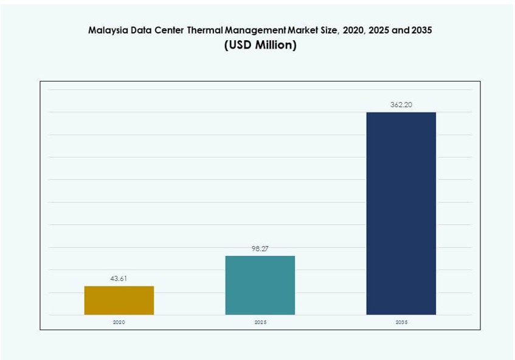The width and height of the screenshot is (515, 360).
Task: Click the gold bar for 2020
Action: pos(119,300)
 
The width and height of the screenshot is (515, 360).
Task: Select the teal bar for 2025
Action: pos(260,285)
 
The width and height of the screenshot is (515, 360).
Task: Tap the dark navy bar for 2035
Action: pos(401,213)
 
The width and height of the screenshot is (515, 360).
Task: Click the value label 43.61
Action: pos(119,279)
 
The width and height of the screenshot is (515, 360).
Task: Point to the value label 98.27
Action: pos(260,249)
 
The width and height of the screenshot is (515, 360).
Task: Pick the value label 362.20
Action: pos(401,105)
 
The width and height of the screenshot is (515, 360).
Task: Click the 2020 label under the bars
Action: pos(119,322)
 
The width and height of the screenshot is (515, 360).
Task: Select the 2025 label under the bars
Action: pos(260,322)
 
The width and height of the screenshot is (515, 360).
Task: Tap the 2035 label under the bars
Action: pos(401,322)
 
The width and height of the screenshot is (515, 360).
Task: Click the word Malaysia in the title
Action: pos(108,30)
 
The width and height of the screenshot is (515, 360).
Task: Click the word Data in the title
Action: pos(141,30)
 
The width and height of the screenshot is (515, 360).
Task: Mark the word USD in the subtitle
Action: pos(240,46)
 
